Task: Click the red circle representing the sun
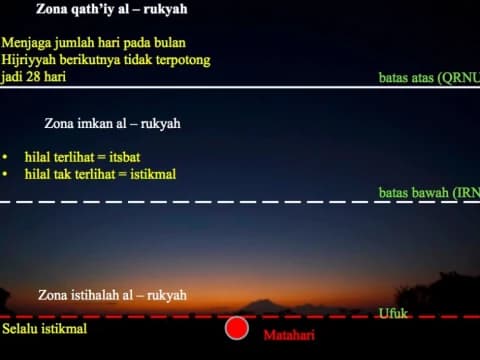tap(237, 327)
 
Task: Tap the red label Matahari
tap(288, 335)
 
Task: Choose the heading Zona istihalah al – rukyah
tap(112, 295)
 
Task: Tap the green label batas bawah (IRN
tap(429, 192)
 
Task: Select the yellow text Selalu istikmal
tap(44, 328)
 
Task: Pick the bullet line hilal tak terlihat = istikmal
tap(100, 174)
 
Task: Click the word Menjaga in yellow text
tap(28, 44)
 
